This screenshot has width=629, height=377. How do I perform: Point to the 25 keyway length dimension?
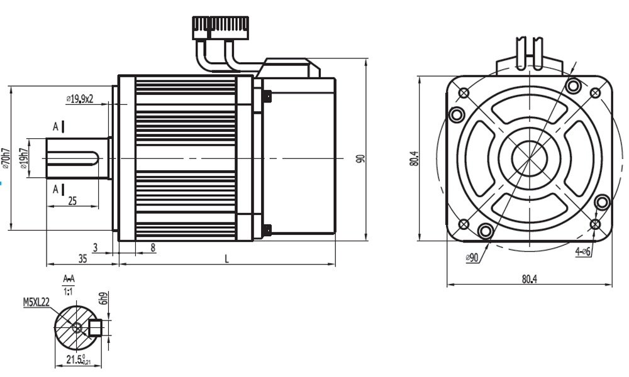(x=72, y=200)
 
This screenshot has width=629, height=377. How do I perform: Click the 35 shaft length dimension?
(x=82, y=258)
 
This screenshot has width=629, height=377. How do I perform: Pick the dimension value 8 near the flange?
(x=153, y=248)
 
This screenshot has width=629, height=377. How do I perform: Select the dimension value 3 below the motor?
(x=96, y=248)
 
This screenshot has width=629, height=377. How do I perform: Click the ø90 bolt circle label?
(x=472, y=258)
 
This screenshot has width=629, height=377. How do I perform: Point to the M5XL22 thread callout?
(x=36, y=302)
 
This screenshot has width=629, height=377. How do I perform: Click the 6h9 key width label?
(x=105, y=298)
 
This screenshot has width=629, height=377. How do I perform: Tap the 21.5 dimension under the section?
(x=77, y=360)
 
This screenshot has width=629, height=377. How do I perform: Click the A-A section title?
(x=69, y=278)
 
